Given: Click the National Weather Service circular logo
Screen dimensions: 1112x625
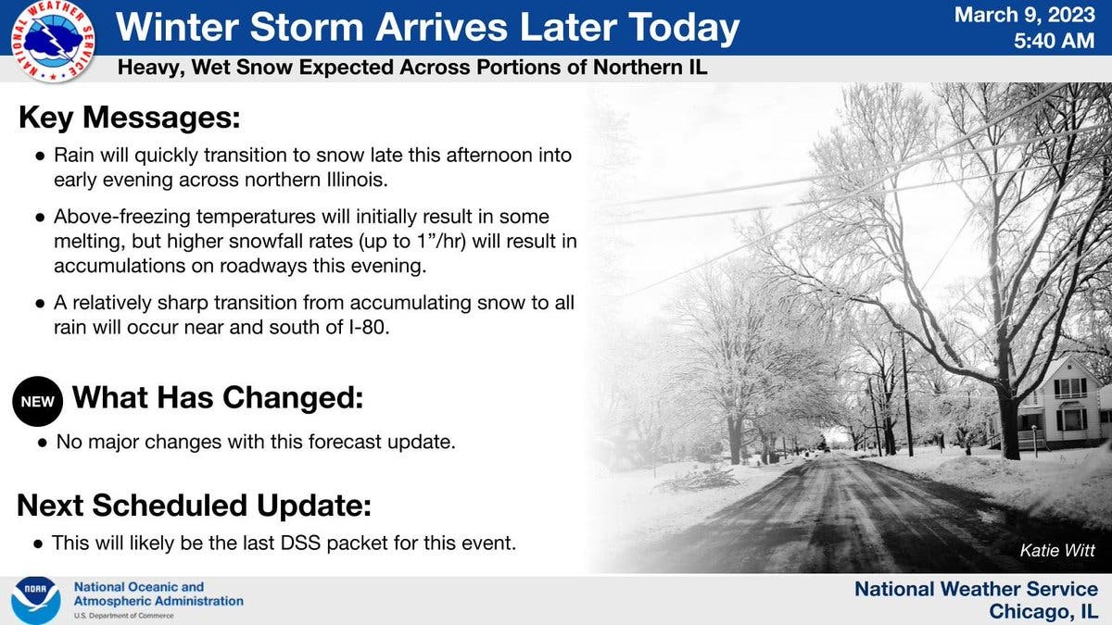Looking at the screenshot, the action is [x=53, y=41].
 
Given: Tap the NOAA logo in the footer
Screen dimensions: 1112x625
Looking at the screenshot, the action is [x=36, y=600].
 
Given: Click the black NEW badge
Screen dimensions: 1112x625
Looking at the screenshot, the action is [x=38, y=401].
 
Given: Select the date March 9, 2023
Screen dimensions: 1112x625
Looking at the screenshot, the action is [x=1025, y=16].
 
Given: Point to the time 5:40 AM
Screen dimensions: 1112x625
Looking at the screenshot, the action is [x=1054, y=41].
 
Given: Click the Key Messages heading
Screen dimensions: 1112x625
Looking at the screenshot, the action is [x=129, y=119].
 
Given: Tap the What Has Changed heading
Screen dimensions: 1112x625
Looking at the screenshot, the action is [x=218, y=398].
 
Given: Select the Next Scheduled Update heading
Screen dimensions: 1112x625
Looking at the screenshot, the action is [x=194, y=506].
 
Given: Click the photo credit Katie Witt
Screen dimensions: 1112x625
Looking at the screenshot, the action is [x=1057, y=550].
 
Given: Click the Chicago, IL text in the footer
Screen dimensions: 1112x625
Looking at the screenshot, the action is [x=1043, y=611].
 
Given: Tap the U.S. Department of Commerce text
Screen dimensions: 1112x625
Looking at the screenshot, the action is [x=123, y=616].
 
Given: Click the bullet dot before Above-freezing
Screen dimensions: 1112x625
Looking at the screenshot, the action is [x=40, y=218].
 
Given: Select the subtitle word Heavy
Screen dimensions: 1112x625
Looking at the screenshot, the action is [x=151, y=68].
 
